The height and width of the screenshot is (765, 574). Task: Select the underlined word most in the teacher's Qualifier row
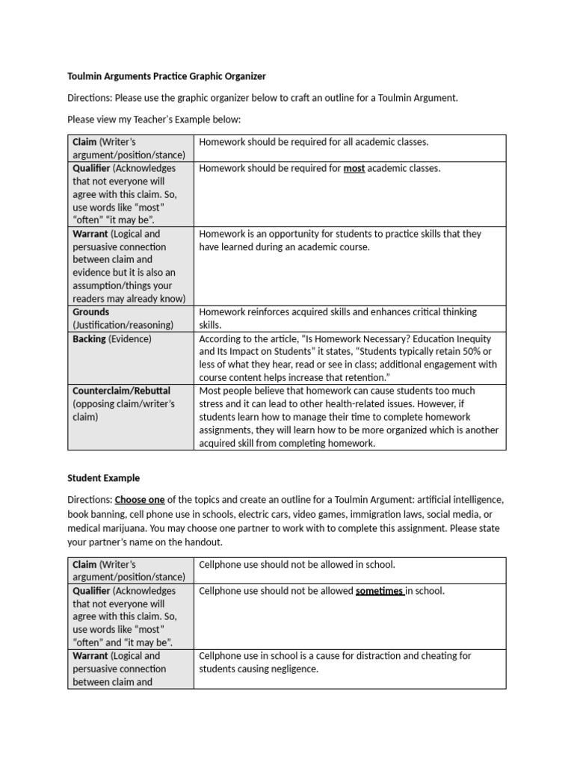(354, 168)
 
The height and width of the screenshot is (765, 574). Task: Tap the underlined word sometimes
(380, 591)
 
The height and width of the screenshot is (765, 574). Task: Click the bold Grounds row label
(90, 312)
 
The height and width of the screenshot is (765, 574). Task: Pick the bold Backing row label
(90, 338)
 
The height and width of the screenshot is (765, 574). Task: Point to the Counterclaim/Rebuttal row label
(121, 391)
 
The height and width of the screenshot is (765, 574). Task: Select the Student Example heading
(103, 478)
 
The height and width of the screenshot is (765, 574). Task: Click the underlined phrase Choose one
(140, 499)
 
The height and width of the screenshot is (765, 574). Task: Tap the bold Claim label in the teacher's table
(84, 142)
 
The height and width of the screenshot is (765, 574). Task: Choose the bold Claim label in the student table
(84, 565)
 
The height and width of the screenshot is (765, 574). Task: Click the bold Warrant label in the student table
(90, 656)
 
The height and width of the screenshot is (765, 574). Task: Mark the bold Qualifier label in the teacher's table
(92, 168)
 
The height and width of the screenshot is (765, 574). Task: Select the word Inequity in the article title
(475, 338)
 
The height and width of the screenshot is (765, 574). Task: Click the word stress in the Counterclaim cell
(212, 404)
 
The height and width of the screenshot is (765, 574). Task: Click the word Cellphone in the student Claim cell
(222, 565)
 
